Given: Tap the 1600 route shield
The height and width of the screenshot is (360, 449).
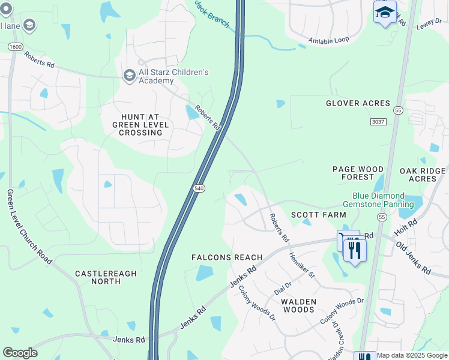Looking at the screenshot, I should pyautogui.click(x=15, y=47).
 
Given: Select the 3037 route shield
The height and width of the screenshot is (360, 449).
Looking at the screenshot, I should pyautogui.click(x=378, y=122).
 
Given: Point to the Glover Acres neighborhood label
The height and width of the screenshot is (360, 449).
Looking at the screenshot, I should pyautogui.click(x=358, y=103).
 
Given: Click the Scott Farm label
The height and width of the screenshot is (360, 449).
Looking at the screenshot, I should pyautogui.click(x=319, y=215).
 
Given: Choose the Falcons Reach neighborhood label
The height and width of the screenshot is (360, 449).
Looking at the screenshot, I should pyautogui.click(x=227, y=257).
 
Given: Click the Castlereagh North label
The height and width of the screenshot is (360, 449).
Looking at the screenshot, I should pyautogui.click(x=106, y=278).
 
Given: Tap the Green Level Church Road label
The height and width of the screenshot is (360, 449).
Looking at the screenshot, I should pyautogui.click(x=30, y=227).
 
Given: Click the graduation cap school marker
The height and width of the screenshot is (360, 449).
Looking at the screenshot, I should pyautogui.click(x=385, y=12).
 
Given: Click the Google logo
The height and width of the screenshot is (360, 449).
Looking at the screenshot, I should pyautogui.click(x=20, y=353).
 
